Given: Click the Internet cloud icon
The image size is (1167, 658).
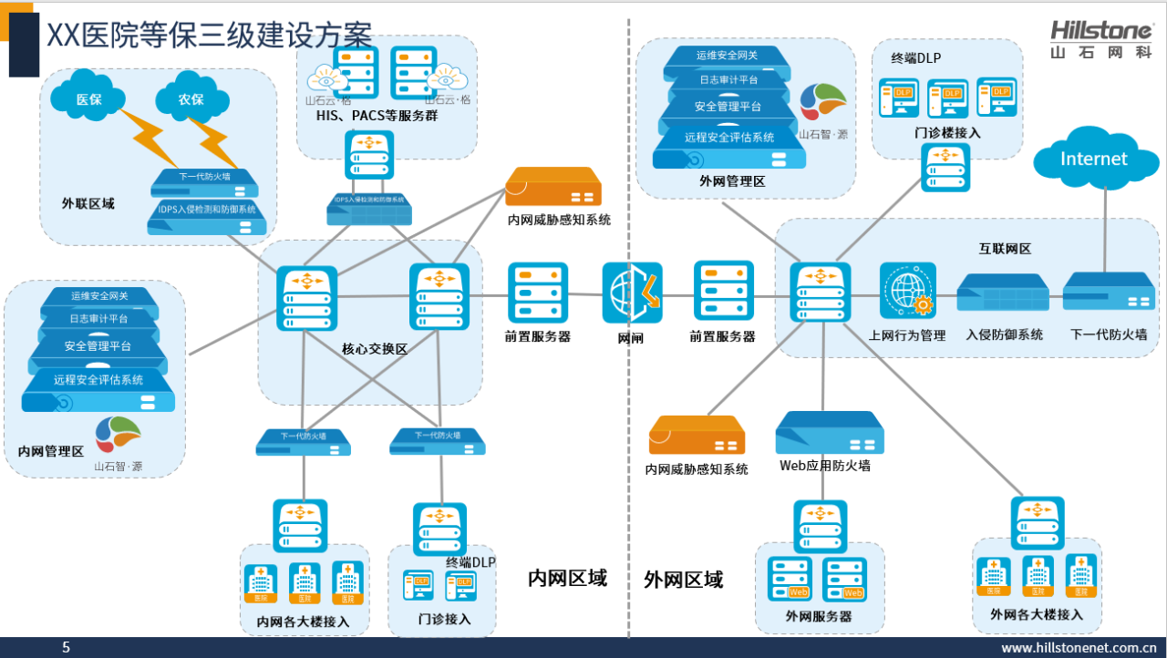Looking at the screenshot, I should click(1093, 159).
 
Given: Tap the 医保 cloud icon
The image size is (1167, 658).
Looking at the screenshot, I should click(88, 98).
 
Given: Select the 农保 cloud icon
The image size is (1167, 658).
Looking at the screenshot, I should click(191, 98).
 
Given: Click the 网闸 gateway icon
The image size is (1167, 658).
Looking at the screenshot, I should click(632, 293).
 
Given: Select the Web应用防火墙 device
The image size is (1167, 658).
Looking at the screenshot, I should click(829, 434).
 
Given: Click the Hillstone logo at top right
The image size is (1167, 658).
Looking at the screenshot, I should click(1100, 39).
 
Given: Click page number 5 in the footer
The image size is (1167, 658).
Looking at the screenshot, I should click(66, 648).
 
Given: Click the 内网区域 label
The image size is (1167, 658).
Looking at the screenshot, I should click(567, 578).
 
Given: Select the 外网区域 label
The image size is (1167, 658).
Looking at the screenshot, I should click(683, 579).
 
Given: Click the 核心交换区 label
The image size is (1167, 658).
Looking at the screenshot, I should click(374, 349).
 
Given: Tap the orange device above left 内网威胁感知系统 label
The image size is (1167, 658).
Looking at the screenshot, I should click(553, 187).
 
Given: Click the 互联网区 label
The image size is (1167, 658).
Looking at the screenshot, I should click(1005, 248).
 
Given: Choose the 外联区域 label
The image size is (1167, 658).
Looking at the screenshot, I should click(88, 203).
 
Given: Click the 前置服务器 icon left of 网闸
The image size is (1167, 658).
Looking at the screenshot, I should click(538, 293).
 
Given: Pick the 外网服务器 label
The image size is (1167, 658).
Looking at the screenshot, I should click(818, 616).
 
